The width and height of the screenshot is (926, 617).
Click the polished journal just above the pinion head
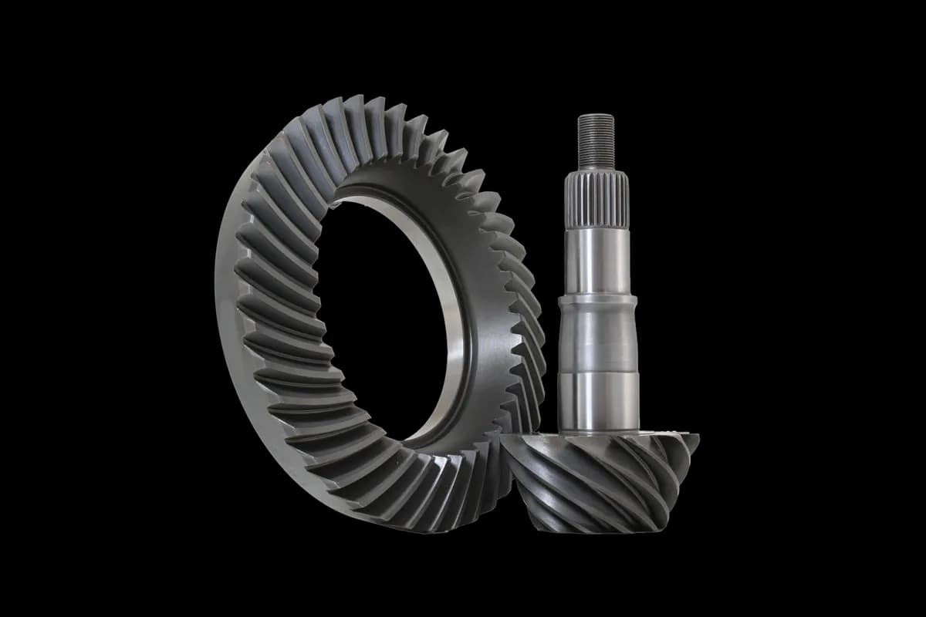600,401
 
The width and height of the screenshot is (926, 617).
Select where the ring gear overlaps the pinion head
513,455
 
